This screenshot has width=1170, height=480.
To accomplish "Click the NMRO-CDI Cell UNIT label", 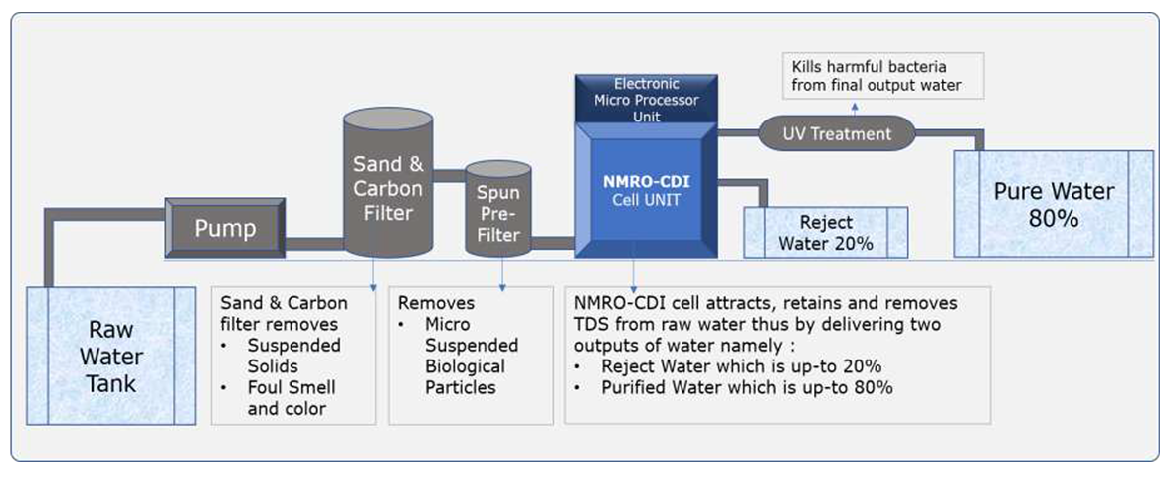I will point(647,191).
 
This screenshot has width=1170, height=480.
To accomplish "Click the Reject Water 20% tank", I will point(826,233).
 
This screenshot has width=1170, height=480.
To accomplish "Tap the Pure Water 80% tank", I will point(1054,204).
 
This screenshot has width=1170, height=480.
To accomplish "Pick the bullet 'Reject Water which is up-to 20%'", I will point(741,365).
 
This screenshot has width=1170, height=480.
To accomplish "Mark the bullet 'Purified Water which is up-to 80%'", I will point(747,387).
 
